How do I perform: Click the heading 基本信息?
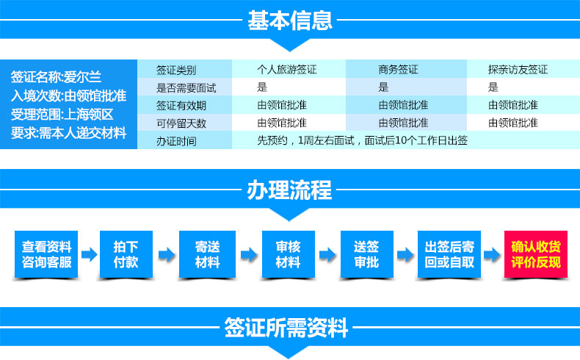point(290,21)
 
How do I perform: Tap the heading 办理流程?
point(289,190)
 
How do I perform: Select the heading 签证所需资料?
point(286,328)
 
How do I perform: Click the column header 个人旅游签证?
point(286,69)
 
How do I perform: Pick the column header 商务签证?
point(398,69)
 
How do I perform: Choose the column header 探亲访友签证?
point(518,69)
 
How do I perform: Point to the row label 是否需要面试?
point(186,87)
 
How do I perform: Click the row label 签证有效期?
point(181,106)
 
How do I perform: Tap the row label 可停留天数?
point(181,123)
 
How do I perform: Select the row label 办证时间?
point(176,141)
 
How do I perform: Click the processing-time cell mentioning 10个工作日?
point(363,140)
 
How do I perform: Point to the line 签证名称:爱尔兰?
point(56,77)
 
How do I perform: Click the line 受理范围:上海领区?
point(62,115)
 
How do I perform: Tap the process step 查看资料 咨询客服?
point(46,254)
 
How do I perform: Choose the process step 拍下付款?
point(126,254)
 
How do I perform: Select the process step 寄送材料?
point(207,254)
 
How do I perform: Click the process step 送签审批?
point(366,254)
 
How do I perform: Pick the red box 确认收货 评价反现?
point(536,254)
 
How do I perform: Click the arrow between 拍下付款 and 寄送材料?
point(167,254)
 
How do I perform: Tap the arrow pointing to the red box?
point(492,254)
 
